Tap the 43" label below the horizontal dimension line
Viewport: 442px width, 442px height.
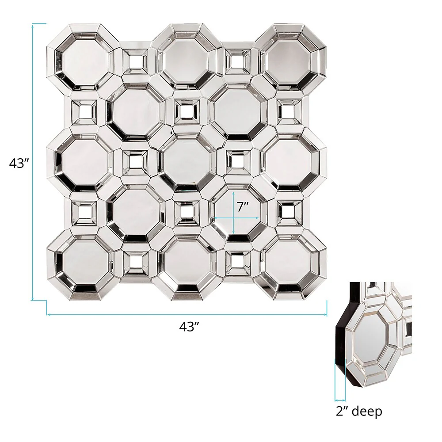click(x=190, y=327)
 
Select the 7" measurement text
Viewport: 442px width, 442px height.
click(x=243, y=207)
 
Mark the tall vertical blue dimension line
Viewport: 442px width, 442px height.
click(x=33, y=162)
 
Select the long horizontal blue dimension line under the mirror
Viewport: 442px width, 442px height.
click(x=187, y=314)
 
